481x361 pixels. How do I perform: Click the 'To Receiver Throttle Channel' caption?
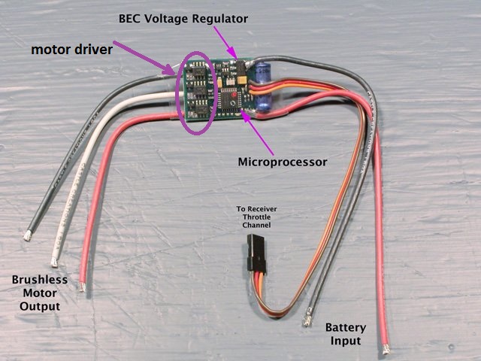click(252, 214)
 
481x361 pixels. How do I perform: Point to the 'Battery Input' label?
click(346, 334)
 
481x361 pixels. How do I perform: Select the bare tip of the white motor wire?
click(55, 262)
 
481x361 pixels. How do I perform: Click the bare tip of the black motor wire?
click(28, 235)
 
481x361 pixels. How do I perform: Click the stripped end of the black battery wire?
click(307, 322)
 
